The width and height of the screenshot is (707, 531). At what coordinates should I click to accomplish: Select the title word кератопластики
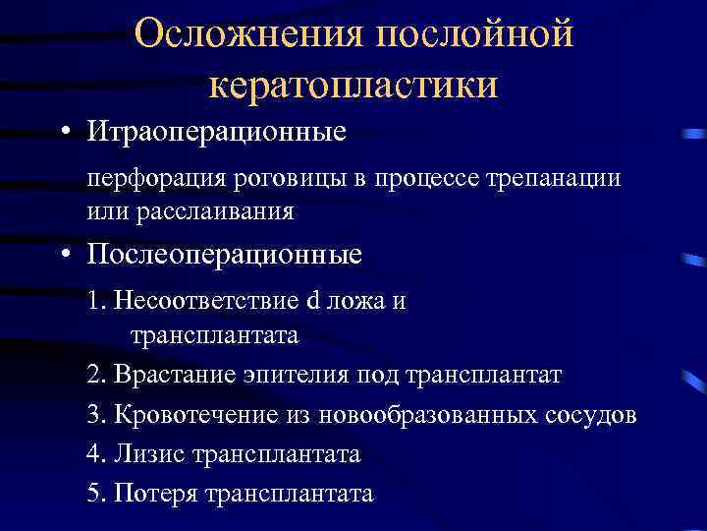pos(353,85)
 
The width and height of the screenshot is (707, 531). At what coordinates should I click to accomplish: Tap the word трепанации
pos(557,180)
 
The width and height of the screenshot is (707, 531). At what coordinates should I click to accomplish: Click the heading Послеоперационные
pos(224,256)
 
